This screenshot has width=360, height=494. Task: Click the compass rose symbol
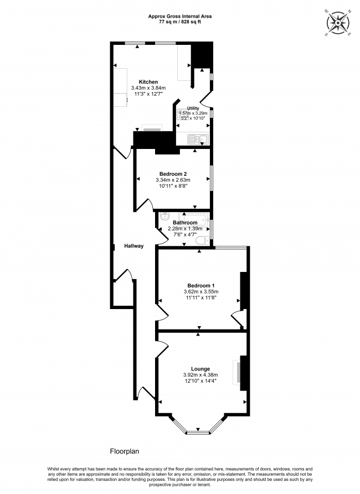(x=337, y=22)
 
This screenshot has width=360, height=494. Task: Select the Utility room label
(x=193, y=109)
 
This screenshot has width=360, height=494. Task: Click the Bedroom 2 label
(x=173, y=173)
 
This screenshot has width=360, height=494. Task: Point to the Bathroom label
(x=185, y=223)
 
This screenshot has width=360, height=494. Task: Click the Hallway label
(x=133, y=246)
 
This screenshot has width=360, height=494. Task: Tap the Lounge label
(x=200, y=369)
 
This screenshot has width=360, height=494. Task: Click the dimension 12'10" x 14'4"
(x=200, y=382)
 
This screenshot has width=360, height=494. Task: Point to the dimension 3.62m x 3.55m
(x=200, y=291)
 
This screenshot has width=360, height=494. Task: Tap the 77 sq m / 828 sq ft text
(x=179, y=22)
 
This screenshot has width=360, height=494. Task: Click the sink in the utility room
(x=197, y=139)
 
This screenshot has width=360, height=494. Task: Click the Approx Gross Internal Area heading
(x=179, y=17)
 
